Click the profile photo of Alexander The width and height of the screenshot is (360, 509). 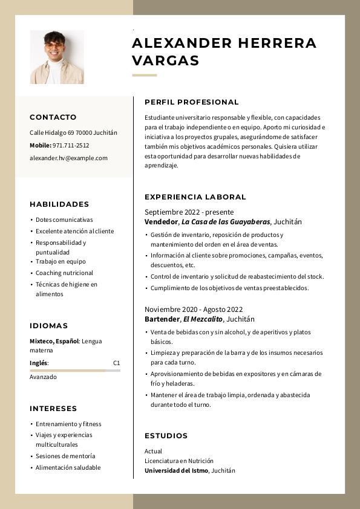[x=57, y=57]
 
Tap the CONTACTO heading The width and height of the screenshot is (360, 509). [x=53, y=117]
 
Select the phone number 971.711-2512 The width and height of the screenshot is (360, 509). [x=71, y=146]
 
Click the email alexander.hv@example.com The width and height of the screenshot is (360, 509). [x=68, y=158]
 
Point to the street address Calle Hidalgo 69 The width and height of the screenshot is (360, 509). [x=51, y=133]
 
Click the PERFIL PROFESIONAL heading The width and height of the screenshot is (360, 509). [x=191, y=102]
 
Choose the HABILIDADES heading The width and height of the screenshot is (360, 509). [x=59, y=204]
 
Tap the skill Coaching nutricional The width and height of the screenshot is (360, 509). [x=65, y=273]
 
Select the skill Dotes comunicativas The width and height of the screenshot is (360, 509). [x=64, y=220]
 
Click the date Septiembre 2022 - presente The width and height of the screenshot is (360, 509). [x=189, y=212]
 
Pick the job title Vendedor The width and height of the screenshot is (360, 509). [x=161, y=222]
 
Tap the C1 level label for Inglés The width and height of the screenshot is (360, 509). [x=116, y=363]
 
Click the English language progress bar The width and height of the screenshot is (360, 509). [x=74, y=370]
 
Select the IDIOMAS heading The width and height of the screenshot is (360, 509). [x=49, y=326]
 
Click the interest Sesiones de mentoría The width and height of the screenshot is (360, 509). [x=65, y=456]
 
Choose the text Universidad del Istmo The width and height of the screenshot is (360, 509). [x=176, y=471]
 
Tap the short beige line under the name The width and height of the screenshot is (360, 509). [x=144, y=76]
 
